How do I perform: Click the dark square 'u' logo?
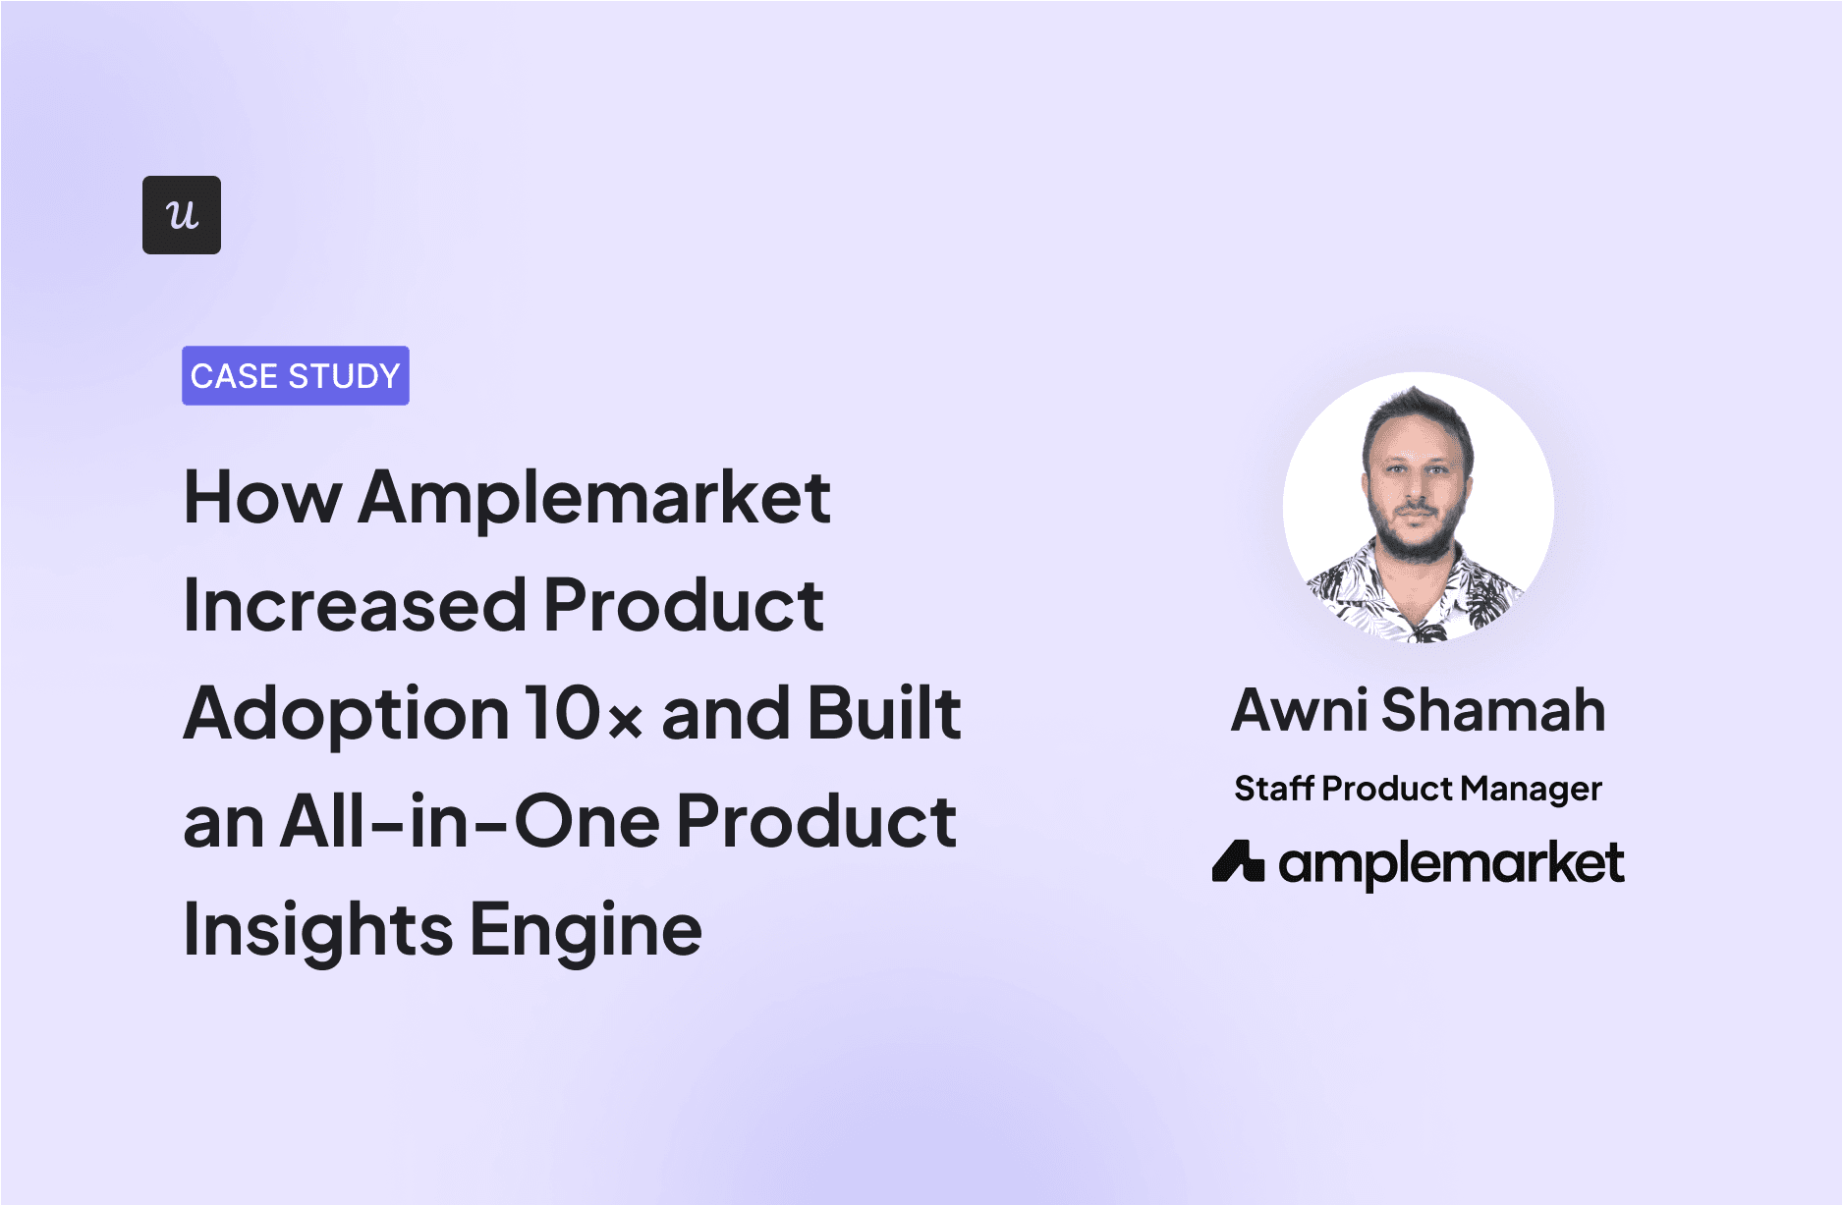click(182, 215)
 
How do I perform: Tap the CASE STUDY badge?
click(295, 376)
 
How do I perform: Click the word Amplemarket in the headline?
click(594, 498)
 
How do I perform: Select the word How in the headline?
click(262, 498)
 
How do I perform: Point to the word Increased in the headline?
click(355, 606)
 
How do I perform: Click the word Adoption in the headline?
click(346, 715)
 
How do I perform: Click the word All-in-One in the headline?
click(470, 822)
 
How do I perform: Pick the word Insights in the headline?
click(318, 930)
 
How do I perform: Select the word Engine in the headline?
click(586, 930)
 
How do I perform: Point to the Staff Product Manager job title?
click(1418, 789)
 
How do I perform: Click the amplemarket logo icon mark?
click(1237, 862)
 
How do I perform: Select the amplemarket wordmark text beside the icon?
click(1451, 864)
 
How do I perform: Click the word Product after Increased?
click(683, 606)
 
